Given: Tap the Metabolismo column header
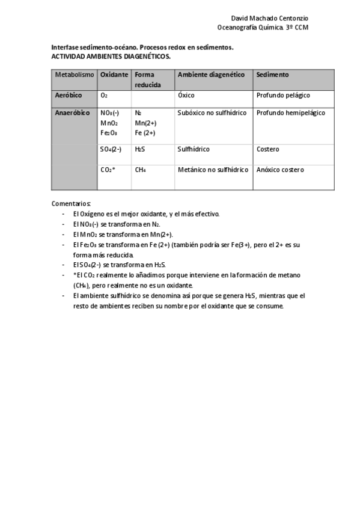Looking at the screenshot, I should (x=75, y=75).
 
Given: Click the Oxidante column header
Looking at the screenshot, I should (x=114, y=75).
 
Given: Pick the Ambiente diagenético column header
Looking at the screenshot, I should (x=211, y=75).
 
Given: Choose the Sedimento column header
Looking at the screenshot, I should (x=272, y=75).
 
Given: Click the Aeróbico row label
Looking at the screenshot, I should (x=69, y=95).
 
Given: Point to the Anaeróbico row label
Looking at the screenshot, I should (x=72, y=112).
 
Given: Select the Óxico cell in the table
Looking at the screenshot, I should (x=186, y=95).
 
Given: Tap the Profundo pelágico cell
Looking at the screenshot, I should (x=283, y=95).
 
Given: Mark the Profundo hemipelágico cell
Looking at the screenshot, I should (x=290, y=112).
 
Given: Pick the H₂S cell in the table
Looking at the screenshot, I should (x=140, y=149).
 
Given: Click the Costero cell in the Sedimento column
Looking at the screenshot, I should (x=267, y=149).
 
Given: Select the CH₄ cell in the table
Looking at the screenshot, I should (x=141, y=170).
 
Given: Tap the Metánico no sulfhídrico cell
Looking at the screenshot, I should (x=213, y=170).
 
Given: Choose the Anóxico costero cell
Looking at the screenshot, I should (x=280, y=170).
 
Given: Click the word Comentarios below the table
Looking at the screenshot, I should (x=71, y=203).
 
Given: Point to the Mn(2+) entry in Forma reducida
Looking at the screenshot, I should (x=145, y=123).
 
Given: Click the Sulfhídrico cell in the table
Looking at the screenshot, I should (x=194, y=149).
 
